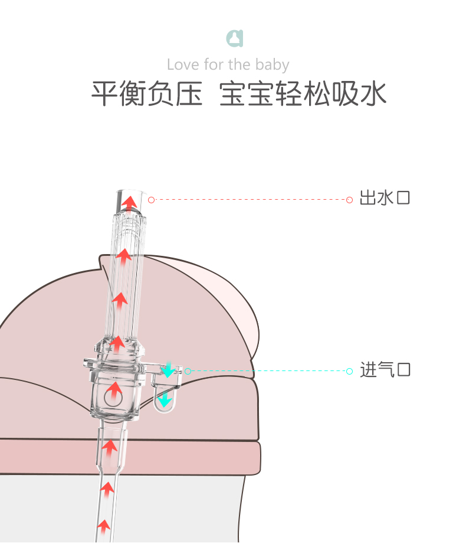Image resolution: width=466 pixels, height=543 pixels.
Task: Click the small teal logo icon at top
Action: (235, 38)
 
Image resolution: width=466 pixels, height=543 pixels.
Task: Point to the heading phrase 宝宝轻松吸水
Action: (303, 95)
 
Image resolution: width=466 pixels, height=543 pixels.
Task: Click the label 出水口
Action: (385, 198)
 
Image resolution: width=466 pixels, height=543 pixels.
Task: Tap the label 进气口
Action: (385, 370)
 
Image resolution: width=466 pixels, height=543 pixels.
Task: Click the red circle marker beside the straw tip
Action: (151, 200)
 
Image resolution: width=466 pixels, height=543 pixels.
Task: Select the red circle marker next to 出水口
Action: (349, 200)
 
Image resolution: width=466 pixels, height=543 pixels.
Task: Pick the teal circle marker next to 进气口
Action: (349, 371)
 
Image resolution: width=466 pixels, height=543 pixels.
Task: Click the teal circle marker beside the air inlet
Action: (188, 371)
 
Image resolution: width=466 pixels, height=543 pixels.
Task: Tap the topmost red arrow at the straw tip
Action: (129, 203)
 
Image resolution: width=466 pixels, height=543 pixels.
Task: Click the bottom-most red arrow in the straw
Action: (104, 525)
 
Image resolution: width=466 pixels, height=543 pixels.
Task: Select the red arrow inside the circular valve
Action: (114, 389)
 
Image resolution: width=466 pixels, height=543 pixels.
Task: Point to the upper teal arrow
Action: (168, 370)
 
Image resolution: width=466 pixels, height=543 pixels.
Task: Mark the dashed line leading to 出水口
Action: (250, 200)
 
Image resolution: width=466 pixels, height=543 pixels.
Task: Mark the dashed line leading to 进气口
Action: (268, 371)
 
